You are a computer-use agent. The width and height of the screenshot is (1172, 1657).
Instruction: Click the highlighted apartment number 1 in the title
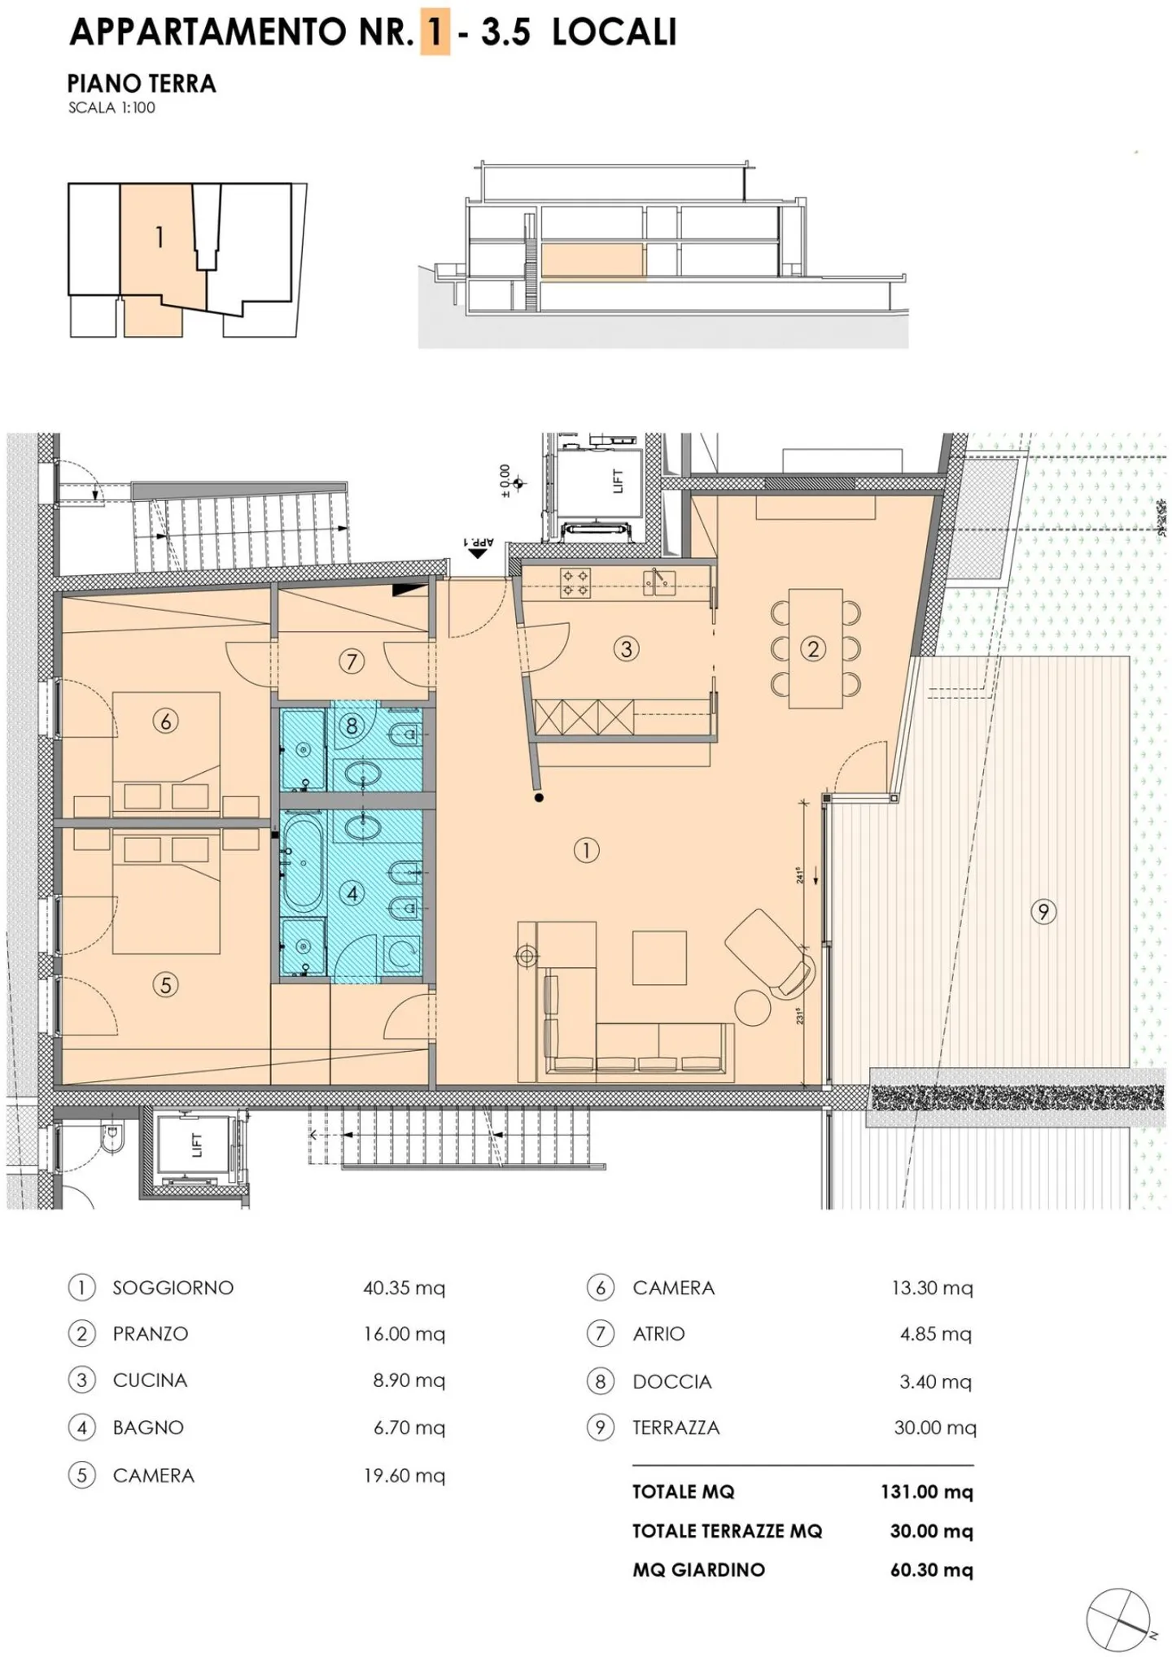point(435,33)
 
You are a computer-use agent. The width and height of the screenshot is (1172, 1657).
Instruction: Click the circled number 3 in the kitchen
point(626,649)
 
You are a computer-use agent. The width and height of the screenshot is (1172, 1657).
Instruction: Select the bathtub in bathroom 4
point(303,864)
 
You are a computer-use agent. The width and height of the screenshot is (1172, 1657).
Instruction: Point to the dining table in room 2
point(815,648)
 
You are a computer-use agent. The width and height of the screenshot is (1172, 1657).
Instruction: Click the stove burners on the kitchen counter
point(575,582)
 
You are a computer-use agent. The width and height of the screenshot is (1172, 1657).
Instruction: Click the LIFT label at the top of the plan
point(617,481)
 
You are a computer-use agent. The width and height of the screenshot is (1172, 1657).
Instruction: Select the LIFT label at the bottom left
point(196,1145)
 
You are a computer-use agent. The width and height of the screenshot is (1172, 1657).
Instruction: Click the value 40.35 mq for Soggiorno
point(404,1289)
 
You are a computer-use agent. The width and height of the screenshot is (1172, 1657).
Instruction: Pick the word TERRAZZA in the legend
point(676,1428)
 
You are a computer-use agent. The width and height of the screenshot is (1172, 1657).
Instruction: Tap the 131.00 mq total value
point(926,1492)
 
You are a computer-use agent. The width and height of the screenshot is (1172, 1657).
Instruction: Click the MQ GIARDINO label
point(698,1570)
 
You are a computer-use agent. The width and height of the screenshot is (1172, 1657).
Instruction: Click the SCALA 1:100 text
point(112,107)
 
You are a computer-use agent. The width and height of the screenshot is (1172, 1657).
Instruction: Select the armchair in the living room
point(768,952)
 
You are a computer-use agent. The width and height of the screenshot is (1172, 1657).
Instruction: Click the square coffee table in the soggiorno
point(659,958)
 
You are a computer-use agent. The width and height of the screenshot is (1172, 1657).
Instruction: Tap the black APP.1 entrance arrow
point(478,552)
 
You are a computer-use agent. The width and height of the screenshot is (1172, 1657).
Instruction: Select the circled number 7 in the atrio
point(351,661)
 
